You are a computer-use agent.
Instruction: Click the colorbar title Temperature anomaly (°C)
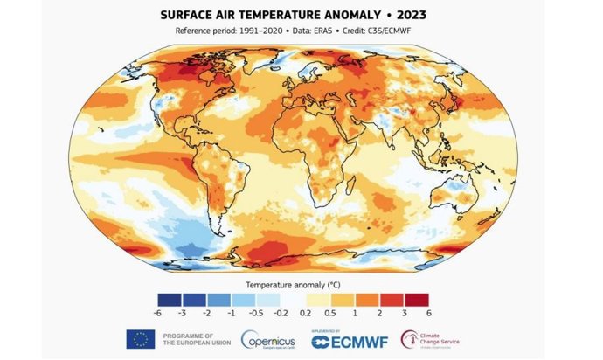(x=293, y=285)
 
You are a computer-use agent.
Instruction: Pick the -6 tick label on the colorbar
(x=157, y=312)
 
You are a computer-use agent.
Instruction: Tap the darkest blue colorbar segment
(x=169, y=299)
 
